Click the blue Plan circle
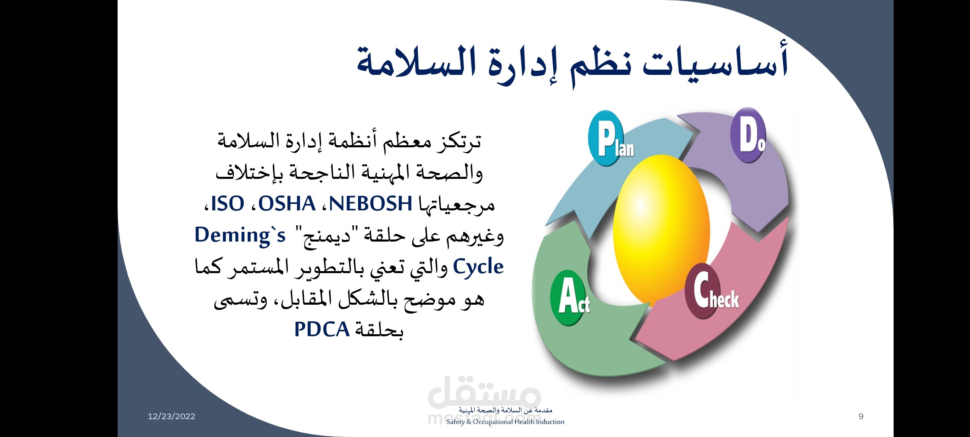(x=605, y=138)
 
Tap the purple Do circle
(x=749, y=135)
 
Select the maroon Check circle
(x=703, y=290)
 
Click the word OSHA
(x=287, y=204)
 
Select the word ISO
(x=228, y=204)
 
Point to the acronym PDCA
(x=322, y=329)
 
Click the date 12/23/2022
(x=171, y=416)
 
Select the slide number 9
(x=861, y=416)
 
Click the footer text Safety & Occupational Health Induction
(x=505, y=422)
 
